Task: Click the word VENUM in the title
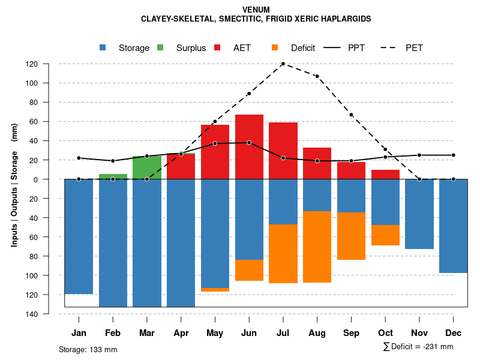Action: tap(256, 10)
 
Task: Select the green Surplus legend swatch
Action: tap(160, 47)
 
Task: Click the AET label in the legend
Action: tap(242, 48)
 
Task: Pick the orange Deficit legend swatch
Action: tap(275, 47)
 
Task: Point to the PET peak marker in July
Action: tap(283, 64)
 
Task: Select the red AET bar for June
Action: tap(249, 147)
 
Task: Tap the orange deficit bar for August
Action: tap(317, 247)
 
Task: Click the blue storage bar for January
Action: tap(79, 236)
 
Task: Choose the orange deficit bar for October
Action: tap(385, 235)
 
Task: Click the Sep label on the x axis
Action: tap(351, 333)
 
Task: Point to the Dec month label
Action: tap(453, 333)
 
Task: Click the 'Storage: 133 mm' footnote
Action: tap(88, 349)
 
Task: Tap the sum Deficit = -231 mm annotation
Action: tap(418, 347)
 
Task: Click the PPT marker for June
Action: tap(249, 143)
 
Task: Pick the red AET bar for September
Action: tap(351, 170)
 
